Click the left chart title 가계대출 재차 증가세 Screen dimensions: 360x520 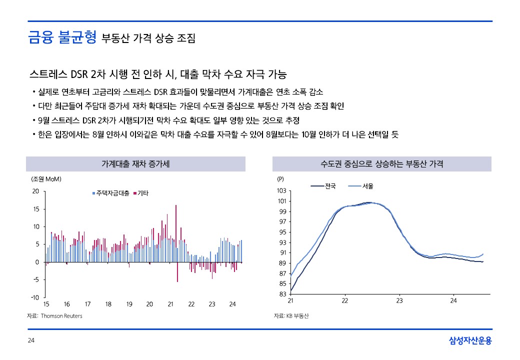(135, 163)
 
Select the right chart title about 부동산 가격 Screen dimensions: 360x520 (381, 163)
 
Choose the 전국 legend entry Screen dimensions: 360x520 (324, 186)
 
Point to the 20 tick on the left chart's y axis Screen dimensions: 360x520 (35, 191)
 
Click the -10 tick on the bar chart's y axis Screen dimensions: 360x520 (35, 297)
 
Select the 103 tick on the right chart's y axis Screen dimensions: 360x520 (281, 191)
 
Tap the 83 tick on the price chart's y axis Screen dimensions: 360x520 (282, 294)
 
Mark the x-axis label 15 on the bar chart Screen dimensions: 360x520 (46, 304)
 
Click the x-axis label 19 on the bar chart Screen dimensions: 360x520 (129, 304)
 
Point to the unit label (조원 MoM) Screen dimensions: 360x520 (46, 178)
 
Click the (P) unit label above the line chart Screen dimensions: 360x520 (280, 178)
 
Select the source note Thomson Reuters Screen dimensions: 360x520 (54, 316)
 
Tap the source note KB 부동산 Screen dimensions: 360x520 (291, 316)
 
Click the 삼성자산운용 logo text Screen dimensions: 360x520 (470, 341)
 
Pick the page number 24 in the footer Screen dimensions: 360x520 (30, 341)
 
